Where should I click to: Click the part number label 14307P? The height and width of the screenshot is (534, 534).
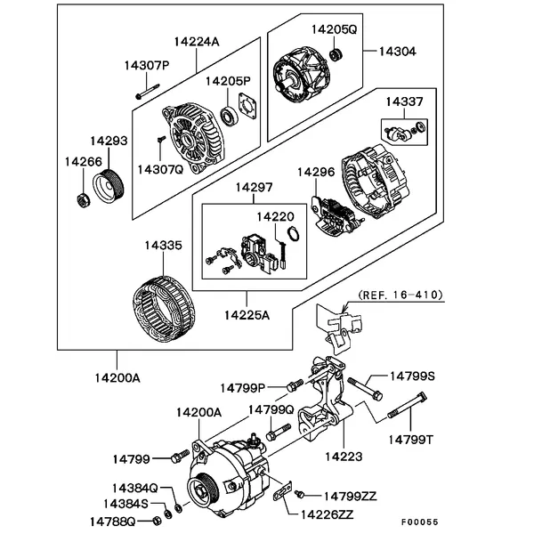146,65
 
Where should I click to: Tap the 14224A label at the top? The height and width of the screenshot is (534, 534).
196,41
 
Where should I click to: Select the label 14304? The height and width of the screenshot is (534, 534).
397,52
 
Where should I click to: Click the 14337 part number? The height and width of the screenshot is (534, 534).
403,103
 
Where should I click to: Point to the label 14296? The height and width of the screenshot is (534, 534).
315,171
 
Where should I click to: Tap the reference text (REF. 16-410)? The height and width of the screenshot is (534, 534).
400,295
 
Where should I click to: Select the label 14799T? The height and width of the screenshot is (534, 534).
410,439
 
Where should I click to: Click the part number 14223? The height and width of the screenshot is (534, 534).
343,457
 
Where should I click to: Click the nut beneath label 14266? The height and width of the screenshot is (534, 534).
82,199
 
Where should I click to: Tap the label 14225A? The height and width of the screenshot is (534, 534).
247,314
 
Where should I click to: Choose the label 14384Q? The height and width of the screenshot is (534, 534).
134,489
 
